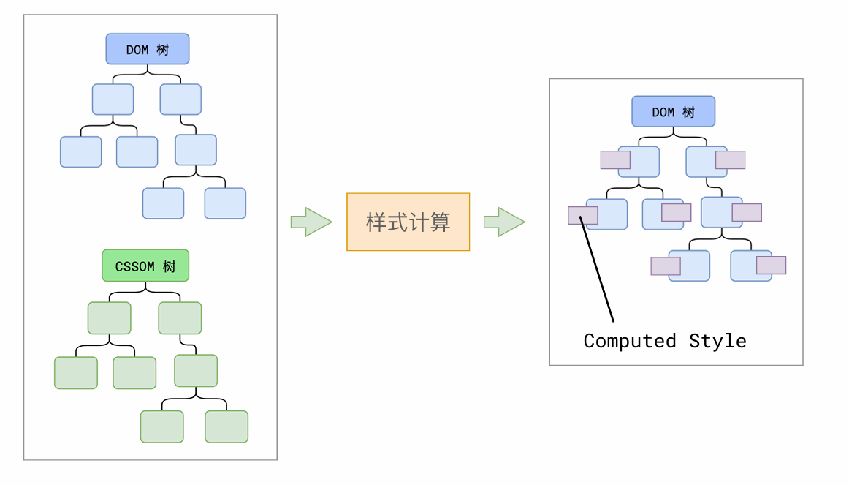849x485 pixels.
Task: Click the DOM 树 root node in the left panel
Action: (148, 49)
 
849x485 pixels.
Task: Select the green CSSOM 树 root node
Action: (145, 266)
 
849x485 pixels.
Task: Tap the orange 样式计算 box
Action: (408, 222)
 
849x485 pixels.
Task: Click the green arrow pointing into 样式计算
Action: (311, 222)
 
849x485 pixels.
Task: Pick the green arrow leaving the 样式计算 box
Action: (504, 222)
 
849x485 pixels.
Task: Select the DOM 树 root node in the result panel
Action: (673, 111)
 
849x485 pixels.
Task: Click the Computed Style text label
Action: (665, 341)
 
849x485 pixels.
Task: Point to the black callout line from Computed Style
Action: (597, 270)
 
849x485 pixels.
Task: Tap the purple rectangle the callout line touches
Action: (582, 215)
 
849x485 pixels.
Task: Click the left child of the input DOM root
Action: (113, 99)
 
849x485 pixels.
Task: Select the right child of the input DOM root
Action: (180, 99)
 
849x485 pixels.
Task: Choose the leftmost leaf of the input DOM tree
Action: (80, 151)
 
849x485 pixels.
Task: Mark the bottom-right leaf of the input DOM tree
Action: (225, 203)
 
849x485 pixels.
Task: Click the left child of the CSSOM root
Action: (110, 317)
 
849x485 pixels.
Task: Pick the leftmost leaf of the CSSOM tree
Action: (76, 372)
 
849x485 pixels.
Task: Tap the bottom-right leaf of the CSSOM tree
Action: (226, 426)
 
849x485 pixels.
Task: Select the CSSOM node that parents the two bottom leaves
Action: (196, 370)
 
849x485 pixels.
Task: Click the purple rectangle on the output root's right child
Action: (730, 159)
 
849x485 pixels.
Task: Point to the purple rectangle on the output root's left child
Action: (615, 159)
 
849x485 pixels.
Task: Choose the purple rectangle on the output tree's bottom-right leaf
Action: (771, 265)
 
